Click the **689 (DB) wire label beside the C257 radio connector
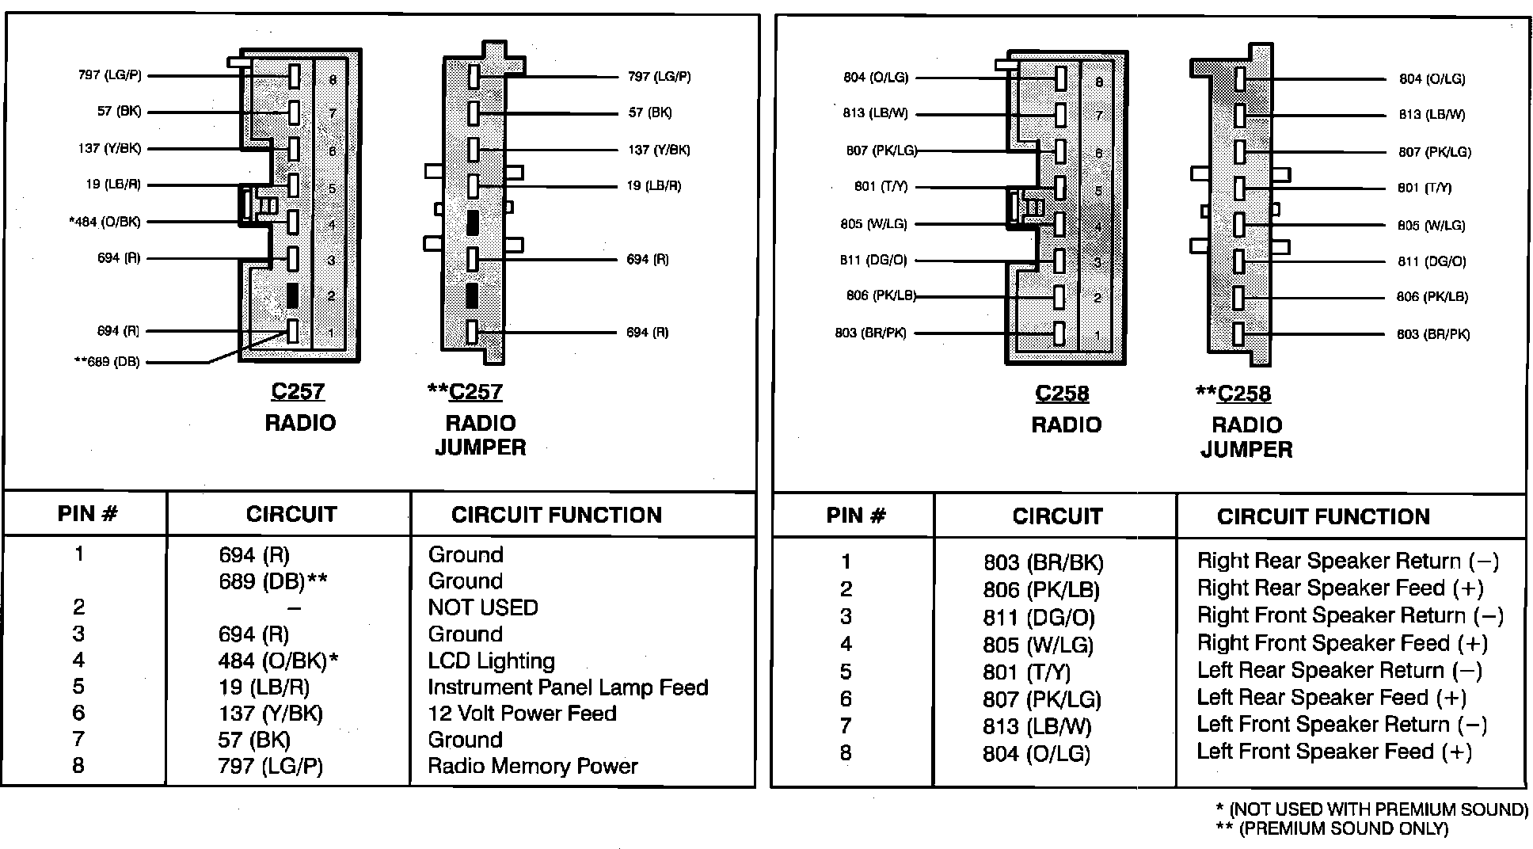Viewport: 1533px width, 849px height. tap(106, 362)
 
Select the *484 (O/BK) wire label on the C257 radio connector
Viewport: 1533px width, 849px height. tap(105, 222)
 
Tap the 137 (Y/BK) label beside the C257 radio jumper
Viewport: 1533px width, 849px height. tap(659, 150)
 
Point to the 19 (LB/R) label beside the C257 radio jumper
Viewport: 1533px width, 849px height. tap(654, 186)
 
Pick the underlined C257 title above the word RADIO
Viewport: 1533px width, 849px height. tap(298, 391)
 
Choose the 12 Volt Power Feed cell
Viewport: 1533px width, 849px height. tap(522, 714)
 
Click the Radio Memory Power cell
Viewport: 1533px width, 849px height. tap(532, 766)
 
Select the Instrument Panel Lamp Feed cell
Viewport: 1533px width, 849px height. tap(568, 687)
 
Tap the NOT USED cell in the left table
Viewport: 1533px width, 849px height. tap(483, 607)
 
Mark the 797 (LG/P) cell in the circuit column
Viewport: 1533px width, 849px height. tap(271, 767)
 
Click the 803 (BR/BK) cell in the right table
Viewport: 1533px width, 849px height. tap(1043, 562)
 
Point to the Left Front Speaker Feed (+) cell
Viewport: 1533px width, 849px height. tap(1334, 752)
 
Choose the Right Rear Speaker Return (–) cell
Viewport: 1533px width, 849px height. tap(1348, 562)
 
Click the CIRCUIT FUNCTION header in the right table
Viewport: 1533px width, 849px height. tap(1323, 517)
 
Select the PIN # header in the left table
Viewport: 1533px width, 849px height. tap(87, 514)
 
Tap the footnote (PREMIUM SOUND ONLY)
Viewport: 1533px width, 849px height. tap(1332, 829)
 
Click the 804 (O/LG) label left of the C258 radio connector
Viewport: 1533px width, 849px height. tap(876, 78)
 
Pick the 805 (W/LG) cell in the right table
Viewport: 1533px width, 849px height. tap(1038, 645)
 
